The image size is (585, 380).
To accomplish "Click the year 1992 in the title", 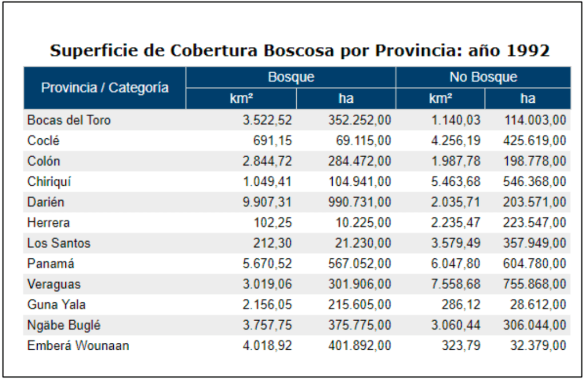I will coord(528,50).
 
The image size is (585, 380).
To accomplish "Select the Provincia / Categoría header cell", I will coord(105,87).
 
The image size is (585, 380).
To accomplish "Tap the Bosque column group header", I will coord(290,77).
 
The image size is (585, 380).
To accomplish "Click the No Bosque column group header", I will coord(483,77).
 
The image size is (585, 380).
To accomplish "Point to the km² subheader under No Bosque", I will coord(440,98).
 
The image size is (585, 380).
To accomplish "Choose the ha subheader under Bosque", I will coord(345,98).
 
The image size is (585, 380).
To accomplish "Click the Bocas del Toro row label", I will coord(69,120).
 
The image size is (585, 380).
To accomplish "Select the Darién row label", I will coord(46,202).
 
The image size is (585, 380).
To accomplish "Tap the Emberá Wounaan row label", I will coord(78,346).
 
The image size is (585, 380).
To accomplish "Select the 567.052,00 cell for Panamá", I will coord(360,264).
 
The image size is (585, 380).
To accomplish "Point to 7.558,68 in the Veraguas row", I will coord(456,284).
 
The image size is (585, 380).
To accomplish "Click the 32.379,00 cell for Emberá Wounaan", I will coord(535,346).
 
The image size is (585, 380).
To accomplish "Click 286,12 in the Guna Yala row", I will coord(464,305).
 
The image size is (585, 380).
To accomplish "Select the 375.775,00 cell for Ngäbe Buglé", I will coord(360,325).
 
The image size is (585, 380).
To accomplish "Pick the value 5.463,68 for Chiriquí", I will coord(456,182).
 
